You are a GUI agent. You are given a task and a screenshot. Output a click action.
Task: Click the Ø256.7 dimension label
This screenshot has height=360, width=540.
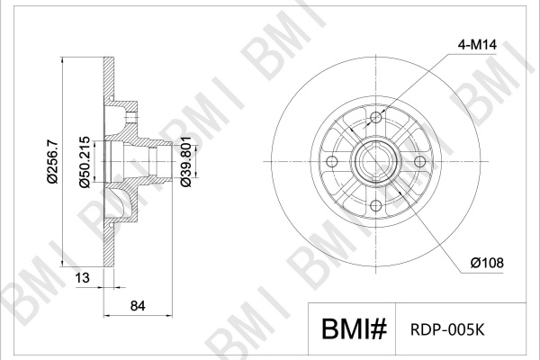click(x=53, y=162)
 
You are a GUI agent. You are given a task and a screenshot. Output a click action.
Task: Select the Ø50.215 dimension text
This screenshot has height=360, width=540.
click(x=85, y=162)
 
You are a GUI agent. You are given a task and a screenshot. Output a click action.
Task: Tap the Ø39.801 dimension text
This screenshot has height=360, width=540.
click(x=186, y=162)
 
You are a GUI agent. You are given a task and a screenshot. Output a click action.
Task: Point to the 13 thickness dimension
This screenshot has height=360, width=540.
click(x=82, y=277)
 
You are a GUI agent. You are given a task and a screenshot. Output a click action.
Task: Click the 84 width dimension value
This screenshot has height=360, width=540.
click(x=138, y=306)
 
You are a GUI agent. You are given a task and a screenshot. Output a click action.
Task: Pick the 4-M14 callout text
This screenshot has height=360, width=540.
click(x=477, y=45)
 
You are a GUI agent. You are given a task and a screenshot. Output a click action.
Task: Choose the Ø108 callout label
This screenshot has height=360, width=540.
click(x=487, y=263)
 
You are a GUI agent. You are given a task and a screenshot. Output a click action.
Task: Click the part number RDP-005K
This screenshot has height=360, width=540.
click(x=447, y=329)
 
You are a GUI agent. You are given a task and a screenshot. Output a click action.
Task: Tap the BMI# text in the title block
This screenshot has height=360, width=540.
click(x=354, y=329)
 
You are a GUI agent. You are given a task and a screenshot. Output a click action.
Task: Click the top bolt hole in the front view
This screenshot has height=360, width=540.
click(x=376, y=118)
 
